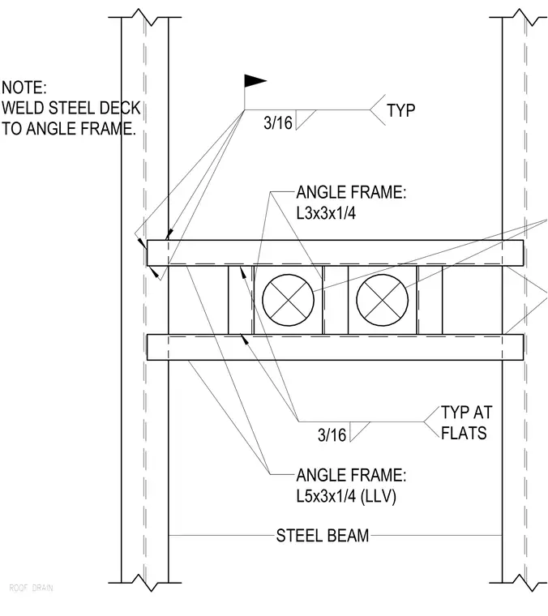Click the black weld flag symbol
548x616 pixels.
pyautogui.click(x=255, y=81)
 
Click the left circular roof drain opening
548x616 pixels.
pyautogui.click(x=289, y=300)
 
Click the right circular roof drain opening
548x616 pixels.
pyautogui.click(x=383, y=300)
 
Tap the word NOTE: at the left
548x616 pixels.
pyautogui.click(x=24, y=88)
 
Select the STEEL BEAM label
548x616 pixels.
pyautogui.click(x=323, y=536)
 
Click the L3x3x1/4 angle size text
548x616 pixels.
pyautogui.click(x=326, y=213)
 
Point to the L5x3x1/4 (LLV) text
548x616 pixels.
pyautogui.click(x=346, y=496)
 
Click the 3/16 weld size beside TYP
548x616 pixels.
pyautogui.click(x=278, y=123)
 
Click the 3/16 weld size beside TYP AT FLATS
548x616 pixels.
pyautogui.click(x=332, y=435)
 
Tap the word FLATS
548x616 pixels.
pyautogui.click(x=464, y=433)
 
